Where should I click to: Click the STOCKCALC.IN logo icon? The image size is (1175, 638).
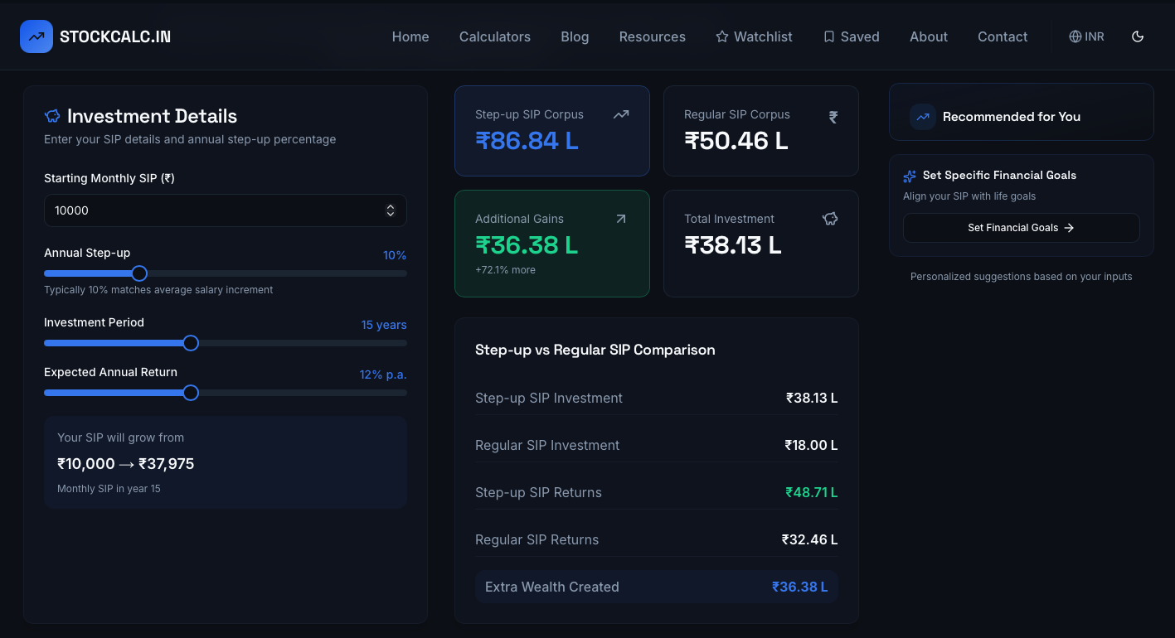[x=36, y=36]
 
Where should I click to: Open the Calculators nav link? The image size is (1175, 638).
[x=494, y=36]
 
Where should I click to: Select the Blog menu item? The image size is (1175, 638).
[x=575, y=36]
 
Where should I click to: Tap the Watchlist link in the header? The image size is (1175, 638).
[x=754, y=36]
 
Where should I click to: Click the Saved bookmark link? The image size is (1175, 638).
[x=851, y=36]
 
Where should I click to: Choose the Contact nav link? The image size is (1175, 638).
[x=1002, y=36]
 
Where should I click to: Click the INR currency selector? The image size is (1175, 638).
[x=1086, y=36]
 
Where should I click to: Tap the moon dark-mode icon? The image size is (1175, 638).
[x=1138, y=36]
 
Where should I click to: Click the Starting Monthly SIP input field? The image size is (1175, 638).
[x=216, y=210]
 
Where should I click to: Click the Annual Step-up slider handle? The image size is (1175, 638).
[x=139, y=273]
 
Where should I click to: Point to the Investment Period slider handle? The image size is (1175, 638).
[x=191, y=343]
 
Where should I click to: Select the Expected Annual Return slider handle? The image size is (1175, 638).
[x=191, y=393]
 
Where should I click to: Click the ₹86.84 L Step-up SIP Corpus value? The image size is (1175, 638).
[x=527, y=141]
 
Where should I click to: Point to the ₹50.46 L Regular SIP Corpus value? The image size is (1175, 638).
[x=736, y=141]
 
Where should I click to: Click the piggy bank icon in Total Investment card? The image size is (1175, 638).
[x=830, y=219]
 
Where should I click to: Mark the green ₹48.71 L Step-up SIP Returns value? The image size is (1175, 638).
[x=811, y=492]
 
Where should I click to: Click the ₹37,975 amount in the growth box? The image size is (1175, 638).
[x=166, y=464]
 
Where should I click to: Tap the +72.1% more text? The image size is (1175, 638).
[x=505, y=270]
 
